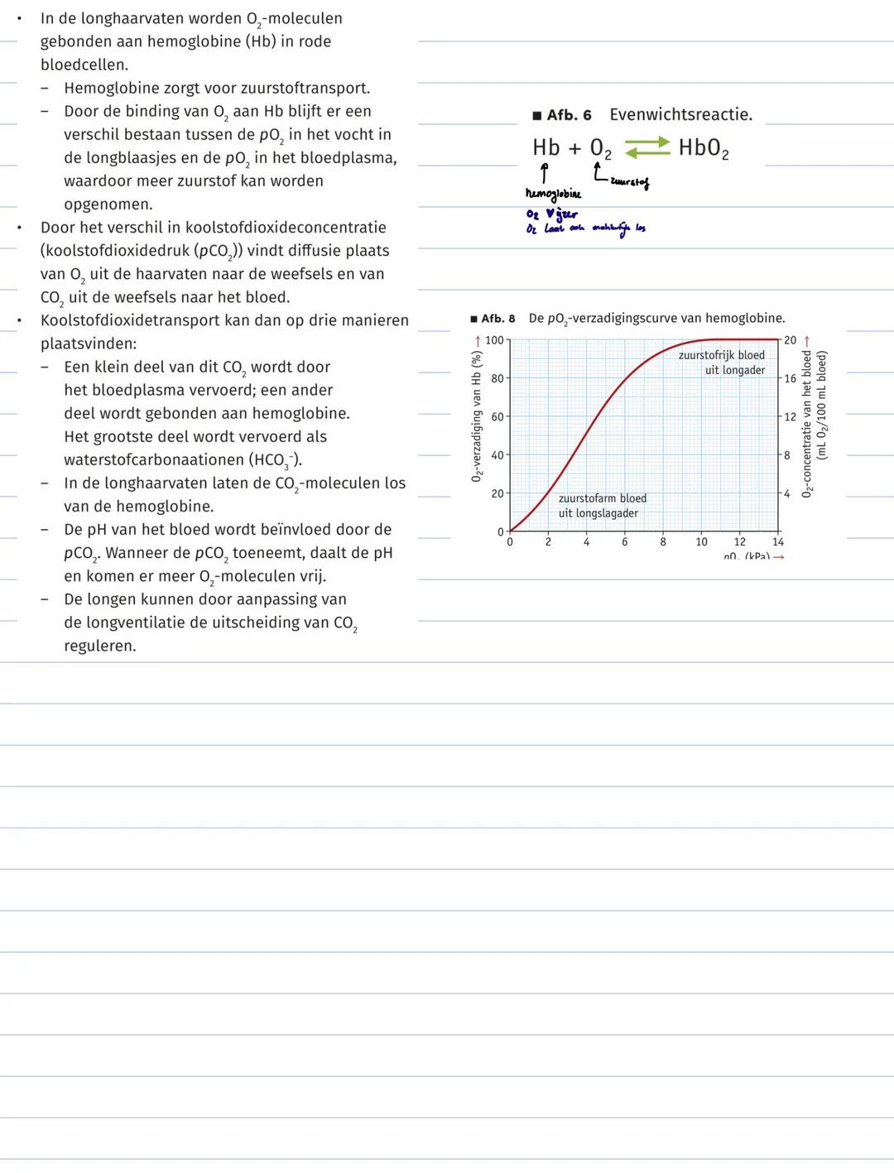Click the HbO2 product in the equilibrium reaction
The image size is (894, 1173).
[x=704, y=148]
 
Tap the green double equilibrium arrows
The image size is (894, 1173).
[x=646, y=148]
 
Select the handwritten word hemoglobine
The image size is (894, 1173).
[x=553, y=194]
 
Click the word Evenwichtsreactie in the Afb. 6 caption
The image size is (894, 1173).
[x=680, y=115]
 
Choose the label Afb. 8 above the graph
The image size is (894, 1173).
[x=497, y=319]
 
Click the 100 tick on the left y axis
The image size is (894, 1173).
[x=494, y=340]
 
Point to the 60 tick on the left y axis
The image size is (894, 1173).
[x=497, y=417]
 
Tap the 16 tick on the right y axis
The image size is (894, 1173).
[x=790, y=378]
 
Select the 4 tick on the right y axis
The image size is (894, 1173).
[x=787, y=493]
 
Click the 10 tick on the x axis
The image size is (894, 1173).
[x=701, y=542]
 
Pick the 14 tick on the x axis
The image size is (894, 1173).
[x=778, y=542]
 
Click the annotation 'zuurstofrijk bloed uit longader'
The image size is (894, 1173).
[x=722, y=363]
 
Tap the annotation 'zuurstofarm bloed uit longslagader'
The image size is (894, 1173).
[x=602, y=506]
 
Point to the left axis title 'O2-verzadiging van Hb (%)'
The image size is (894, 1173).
[x=477, y=416]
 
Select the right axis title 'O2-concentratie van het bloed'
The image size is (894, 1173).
[x=807, y=423]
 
